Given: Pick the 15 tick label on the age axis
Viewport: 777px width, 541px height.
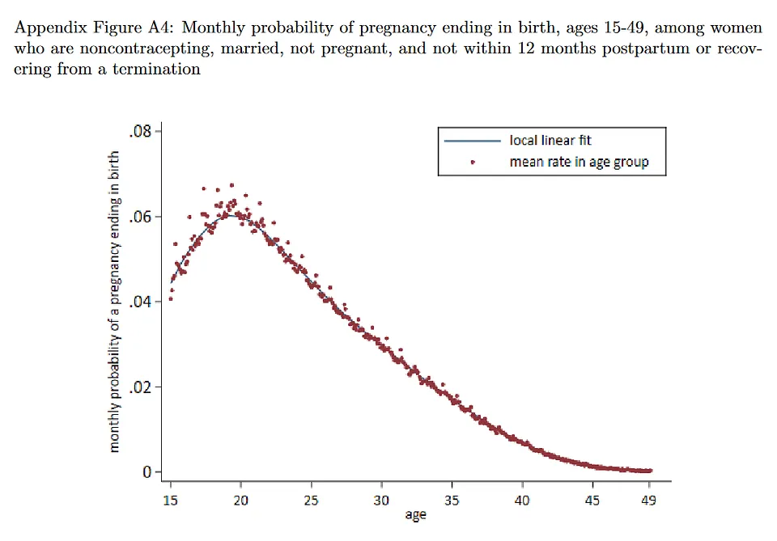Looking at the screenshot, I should pyautogui.click(x=171, y=501).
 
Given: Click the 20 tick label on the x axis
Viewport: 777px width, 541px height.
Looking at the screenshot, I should pyautogui.click(x=241, y=501).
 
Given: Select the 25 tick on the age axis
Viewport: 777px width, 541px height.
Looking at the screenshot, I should pyautogui.click(x=312, y=501).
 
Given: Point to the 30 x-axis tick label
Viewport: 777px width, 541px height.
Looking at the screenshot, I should pyautogui.click(x=381, y=501).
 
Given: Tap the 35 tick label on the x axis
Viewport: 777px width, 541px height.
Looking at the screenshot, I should pyautogui.click(x=452, y=501).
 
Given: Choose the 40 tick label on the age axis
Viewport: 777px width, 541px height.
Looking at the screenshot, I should pyautogui.click(x=522, y=501).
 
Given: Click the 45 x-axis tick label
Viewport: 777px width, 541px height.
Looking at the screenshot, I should pyautogui.click(x=592, y=501).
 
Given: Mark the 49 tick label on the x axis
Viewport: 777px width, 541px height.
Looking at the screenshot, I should pyautogui.click(x=648, y=501).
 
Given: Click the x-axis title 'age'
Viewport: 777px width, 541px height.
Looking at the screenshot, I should pyautogui.click(x=414, y=515).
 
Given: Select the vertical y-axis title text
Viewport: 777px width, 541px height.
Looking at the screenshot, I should pyautogui.click(x=115, y=301).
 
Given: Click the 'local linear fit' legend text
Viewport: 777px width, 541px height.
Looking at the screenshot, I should pyautogui.click(x=550, y=141).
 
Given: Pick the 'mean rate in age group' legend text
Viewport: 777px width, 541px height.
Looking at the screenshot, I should pyautogui.click(x=579, y=162).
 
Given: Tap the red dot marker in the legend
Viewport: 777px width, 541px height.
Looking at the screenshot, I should pyautogui.click(x=472, y=163).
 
